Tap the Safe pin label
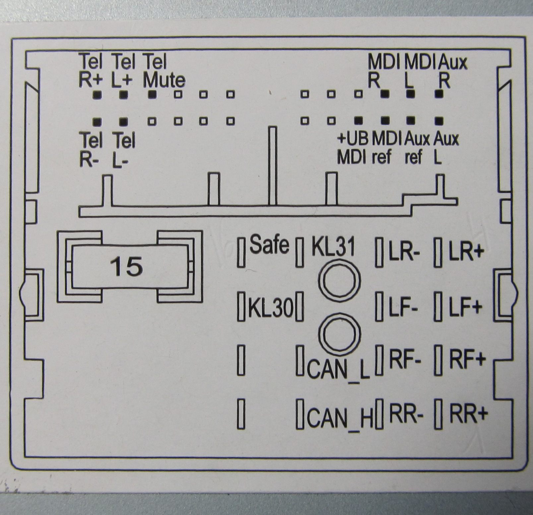tap(269, 245)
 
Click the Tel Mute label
tap(164, 71)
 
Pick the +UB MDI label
tap(352, 148)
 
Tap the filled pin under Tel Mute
tap(152, 94)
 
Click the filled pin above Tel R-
tap(97, 122)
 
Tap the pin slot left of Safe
tap(241, 252)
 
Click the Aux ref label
tap(417, 148)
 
